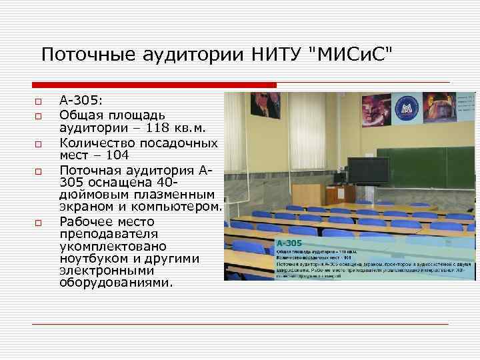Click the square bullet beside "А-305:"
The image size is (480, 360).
(39, 102)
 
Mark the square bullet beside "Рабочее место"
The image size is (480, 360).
(39, 222)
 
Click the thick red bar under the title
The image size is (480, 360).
(153, 85)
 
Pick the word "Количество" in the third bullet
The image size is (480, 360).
(95, 143)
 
